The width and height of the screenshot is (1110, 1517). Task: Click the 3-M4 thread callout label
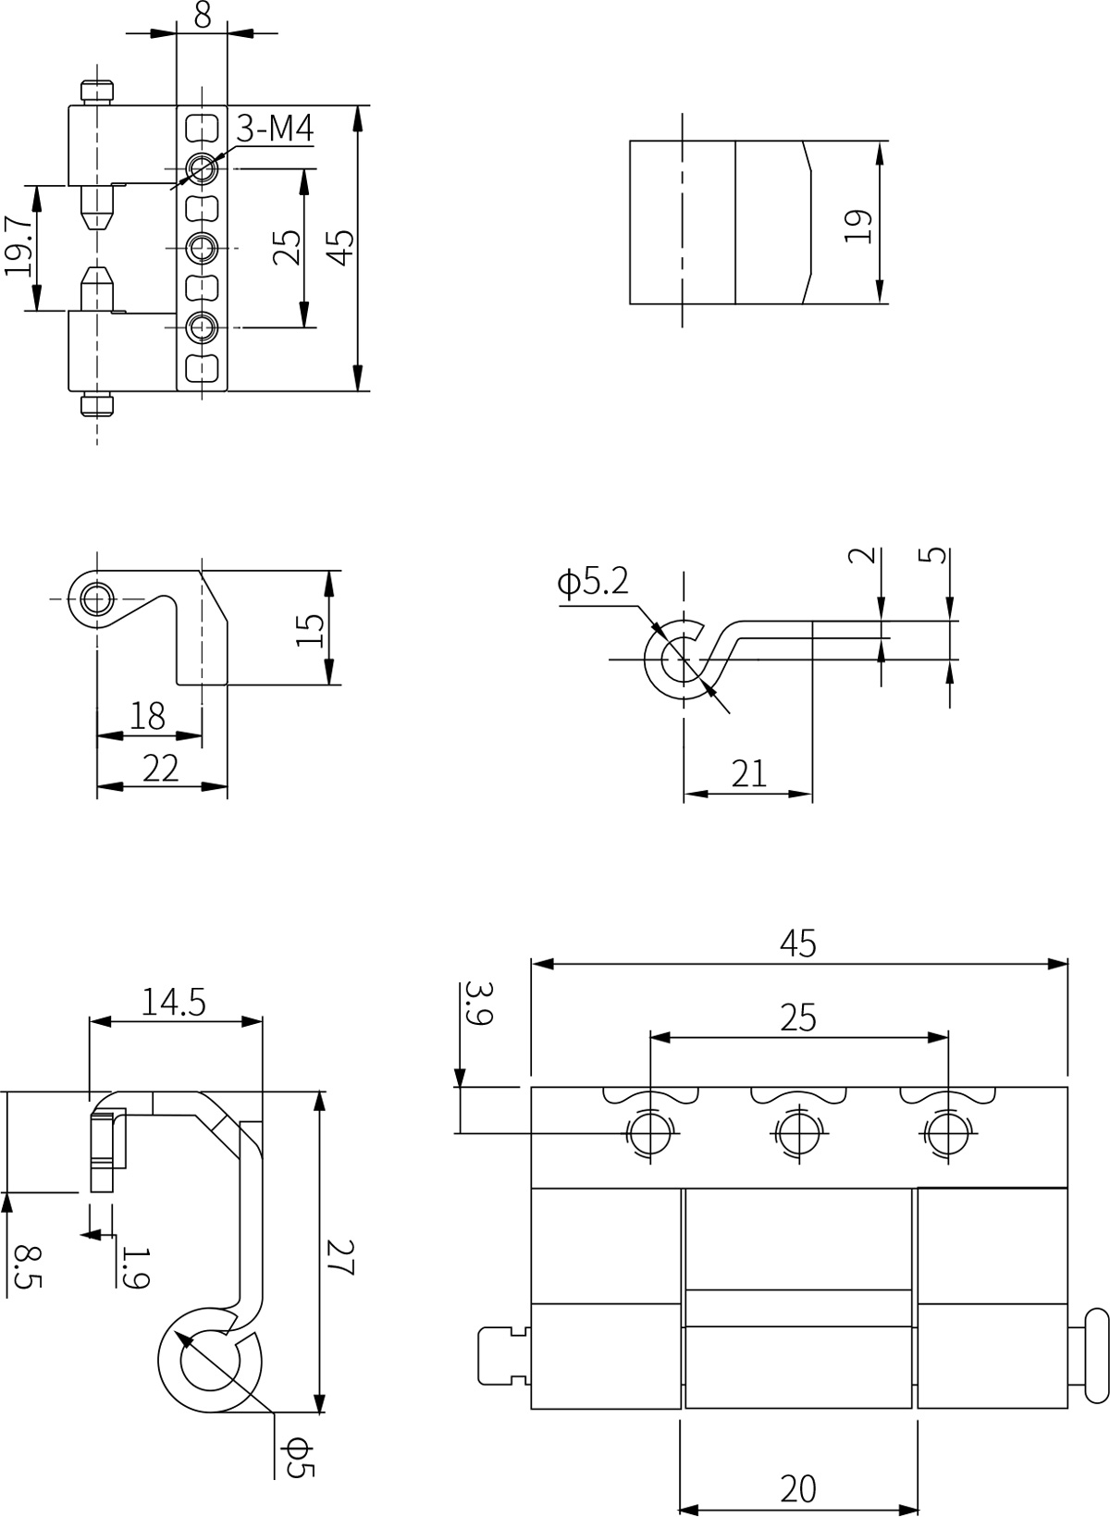pyautogui.click(x=275, y=128)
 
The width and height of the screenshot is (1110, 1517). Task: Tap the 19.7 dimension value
pyautogui.click(x=18, y=246)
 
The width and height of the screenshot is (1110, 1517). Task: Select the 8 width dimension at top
pyautogui.click(x=202, y=15)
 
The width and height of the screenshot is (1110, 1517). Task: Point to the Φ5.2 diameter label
pyautogui.click(x=593, y=581)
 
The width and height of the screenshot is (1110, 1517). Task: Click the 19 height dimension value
pyautogui.click(x=858, y=227)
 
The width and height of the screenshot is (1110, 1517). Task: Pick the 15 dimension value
pyautogui.click(x=310, y=630)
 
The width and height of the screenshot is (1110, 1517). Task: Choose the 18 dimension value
pyautogui.click(x=148, y=716)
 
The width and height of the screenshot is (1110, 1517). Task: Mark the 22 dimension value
pyautogui.click(x=161, y=768)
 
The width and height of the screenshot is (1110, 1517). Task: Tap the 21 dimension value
pyautogui.click(x=748, y=773)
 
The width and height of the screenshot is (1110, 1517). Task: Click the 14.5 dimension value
pyautogui.click(x=173, y=1003)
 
